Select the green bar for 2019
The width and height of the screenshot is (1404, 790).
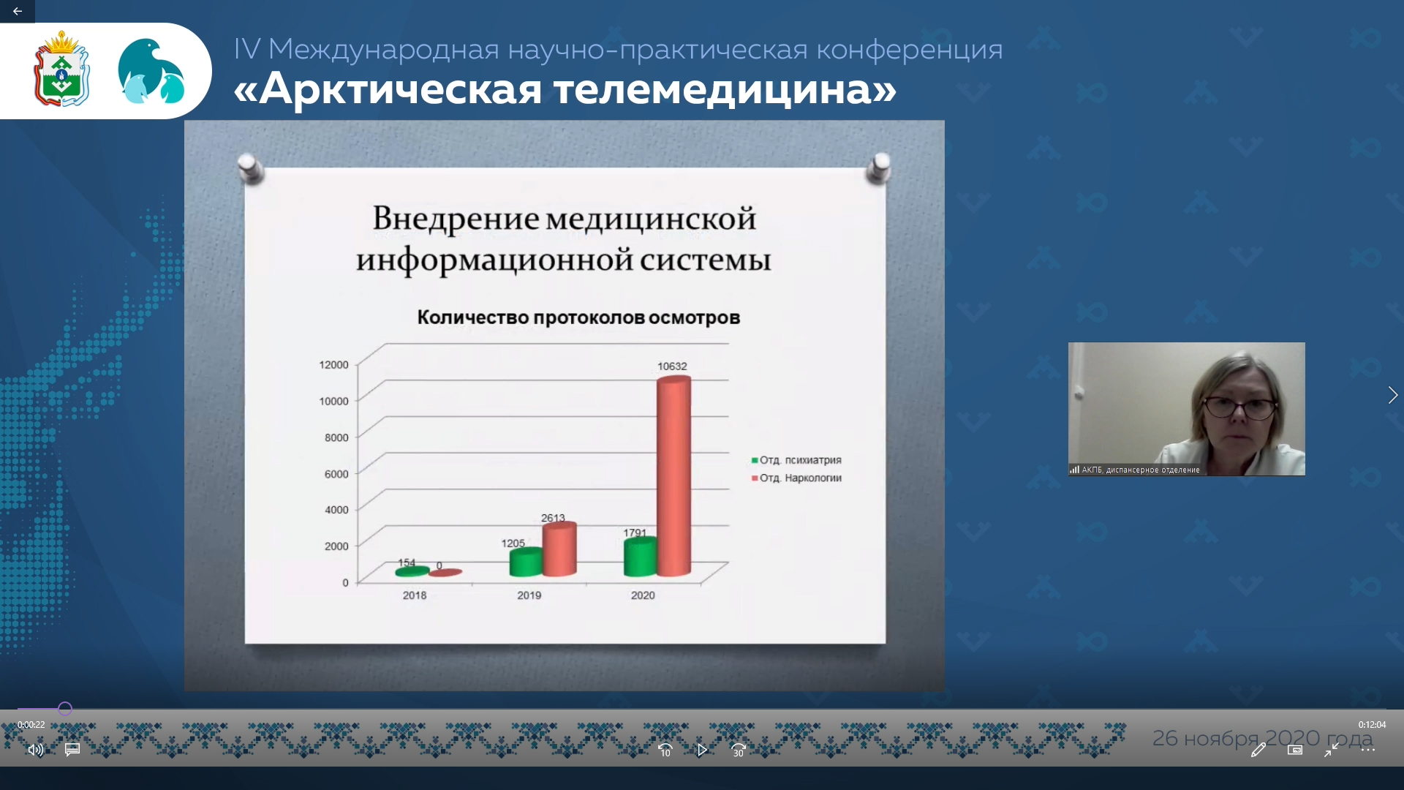(526, 562)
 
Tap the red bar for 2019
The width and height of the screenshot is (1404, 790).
(559, 549)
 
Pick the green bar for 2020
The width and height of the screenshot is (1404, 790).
(641, 557)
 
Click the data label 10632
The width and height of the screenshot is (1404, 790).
(672, 366)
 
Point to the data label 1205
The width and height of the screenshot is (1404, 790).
(513, 543)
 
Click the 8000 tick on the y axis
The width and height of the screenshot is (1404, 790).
(336, 437)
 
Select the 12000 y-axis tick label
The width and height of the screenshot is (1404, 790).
(333, 365)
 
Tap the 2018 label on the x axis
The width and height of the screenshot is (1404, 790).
(415, 595)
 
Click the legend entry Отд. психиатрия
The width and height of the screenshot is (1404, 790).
(796, 460)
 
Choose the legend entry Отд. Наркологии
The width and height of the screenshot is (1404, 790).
(796, 478)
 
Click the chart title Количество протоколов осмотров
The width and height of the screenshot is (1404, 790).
(578, 317)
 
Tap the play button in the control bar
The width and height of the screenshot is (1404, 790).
(702, 750)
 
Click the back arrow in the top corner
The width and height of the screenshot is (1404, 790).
(18, 11)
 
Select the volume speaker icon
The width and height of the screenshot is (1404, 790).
(35, 750)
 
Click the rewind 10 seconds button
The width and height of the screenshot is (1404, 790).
(665, 750)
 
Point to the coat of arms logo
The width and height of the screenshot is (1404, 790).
(61, 69)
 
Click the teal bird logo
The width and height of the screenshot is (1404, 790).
(151, 71)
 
